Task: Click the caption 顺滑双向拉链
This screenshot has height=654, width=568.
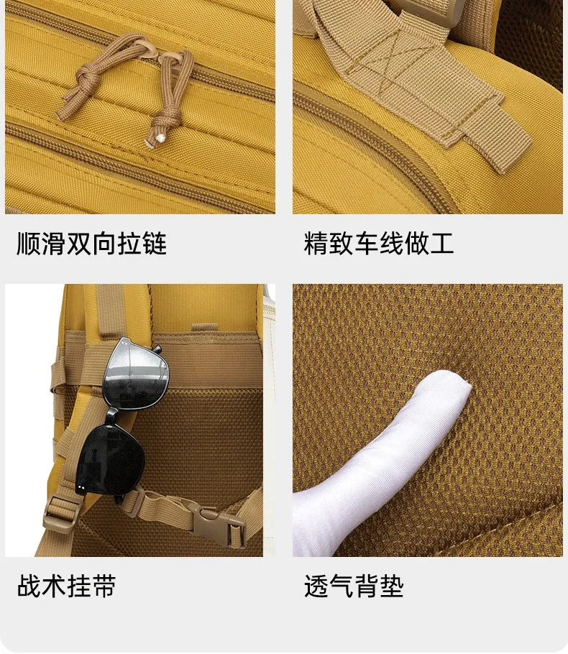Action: tap(91, 244)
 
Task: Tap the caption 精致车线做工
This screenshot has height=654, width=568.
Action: tap(379, 244)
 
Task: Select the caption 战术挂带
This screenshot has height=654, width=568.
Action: tap(66, 586)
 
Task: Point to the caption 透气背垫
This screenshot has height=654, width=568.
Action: tap(354, 586)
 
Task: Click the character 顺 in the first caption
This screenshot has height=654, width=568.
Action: tap(29, 244)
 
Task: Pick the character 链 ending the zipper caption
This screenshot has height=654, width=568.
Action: tap(155, 244)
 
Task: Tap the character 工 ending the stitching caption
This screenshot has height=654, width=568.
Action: tap(442, 244)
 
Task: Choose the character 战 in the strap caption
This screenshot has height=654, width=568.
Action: tap(29, 586)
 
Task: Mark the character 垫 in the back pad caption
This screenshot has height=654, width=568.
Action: tap(392, 586)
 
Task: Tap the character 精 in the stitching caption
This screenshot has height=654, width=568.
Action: tap(316, 244)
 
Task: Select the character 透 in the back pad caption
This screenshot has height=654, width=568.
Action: tap(316, 586)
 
